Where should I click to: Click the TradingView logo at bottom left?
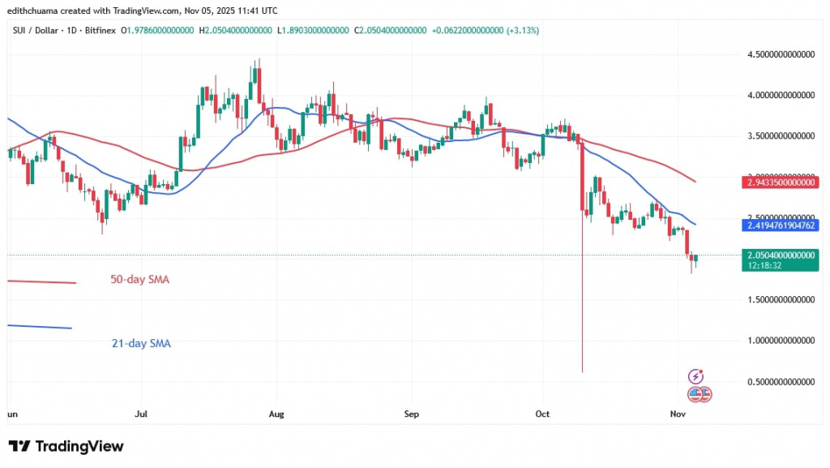coord(66,446)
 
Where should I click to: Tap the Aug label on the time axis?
coord(276,414)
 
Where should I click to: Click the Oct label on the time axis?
coord(543,414)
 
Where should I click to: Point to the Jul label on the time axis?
coord(141,414)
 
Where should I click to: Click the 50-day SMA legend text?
coord(140,279)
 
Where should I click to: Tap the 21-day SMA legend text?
coord(141,343)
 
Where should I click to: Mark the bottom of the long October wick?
coord(583,371)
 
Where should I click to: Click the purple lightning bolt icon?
coord(695,376)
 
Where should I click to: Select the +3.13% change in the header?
coord(523,30)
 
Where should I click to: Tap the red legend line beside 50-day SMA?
coord(41,281)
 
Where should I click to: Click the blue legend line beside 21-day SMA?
coord(39,327)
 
